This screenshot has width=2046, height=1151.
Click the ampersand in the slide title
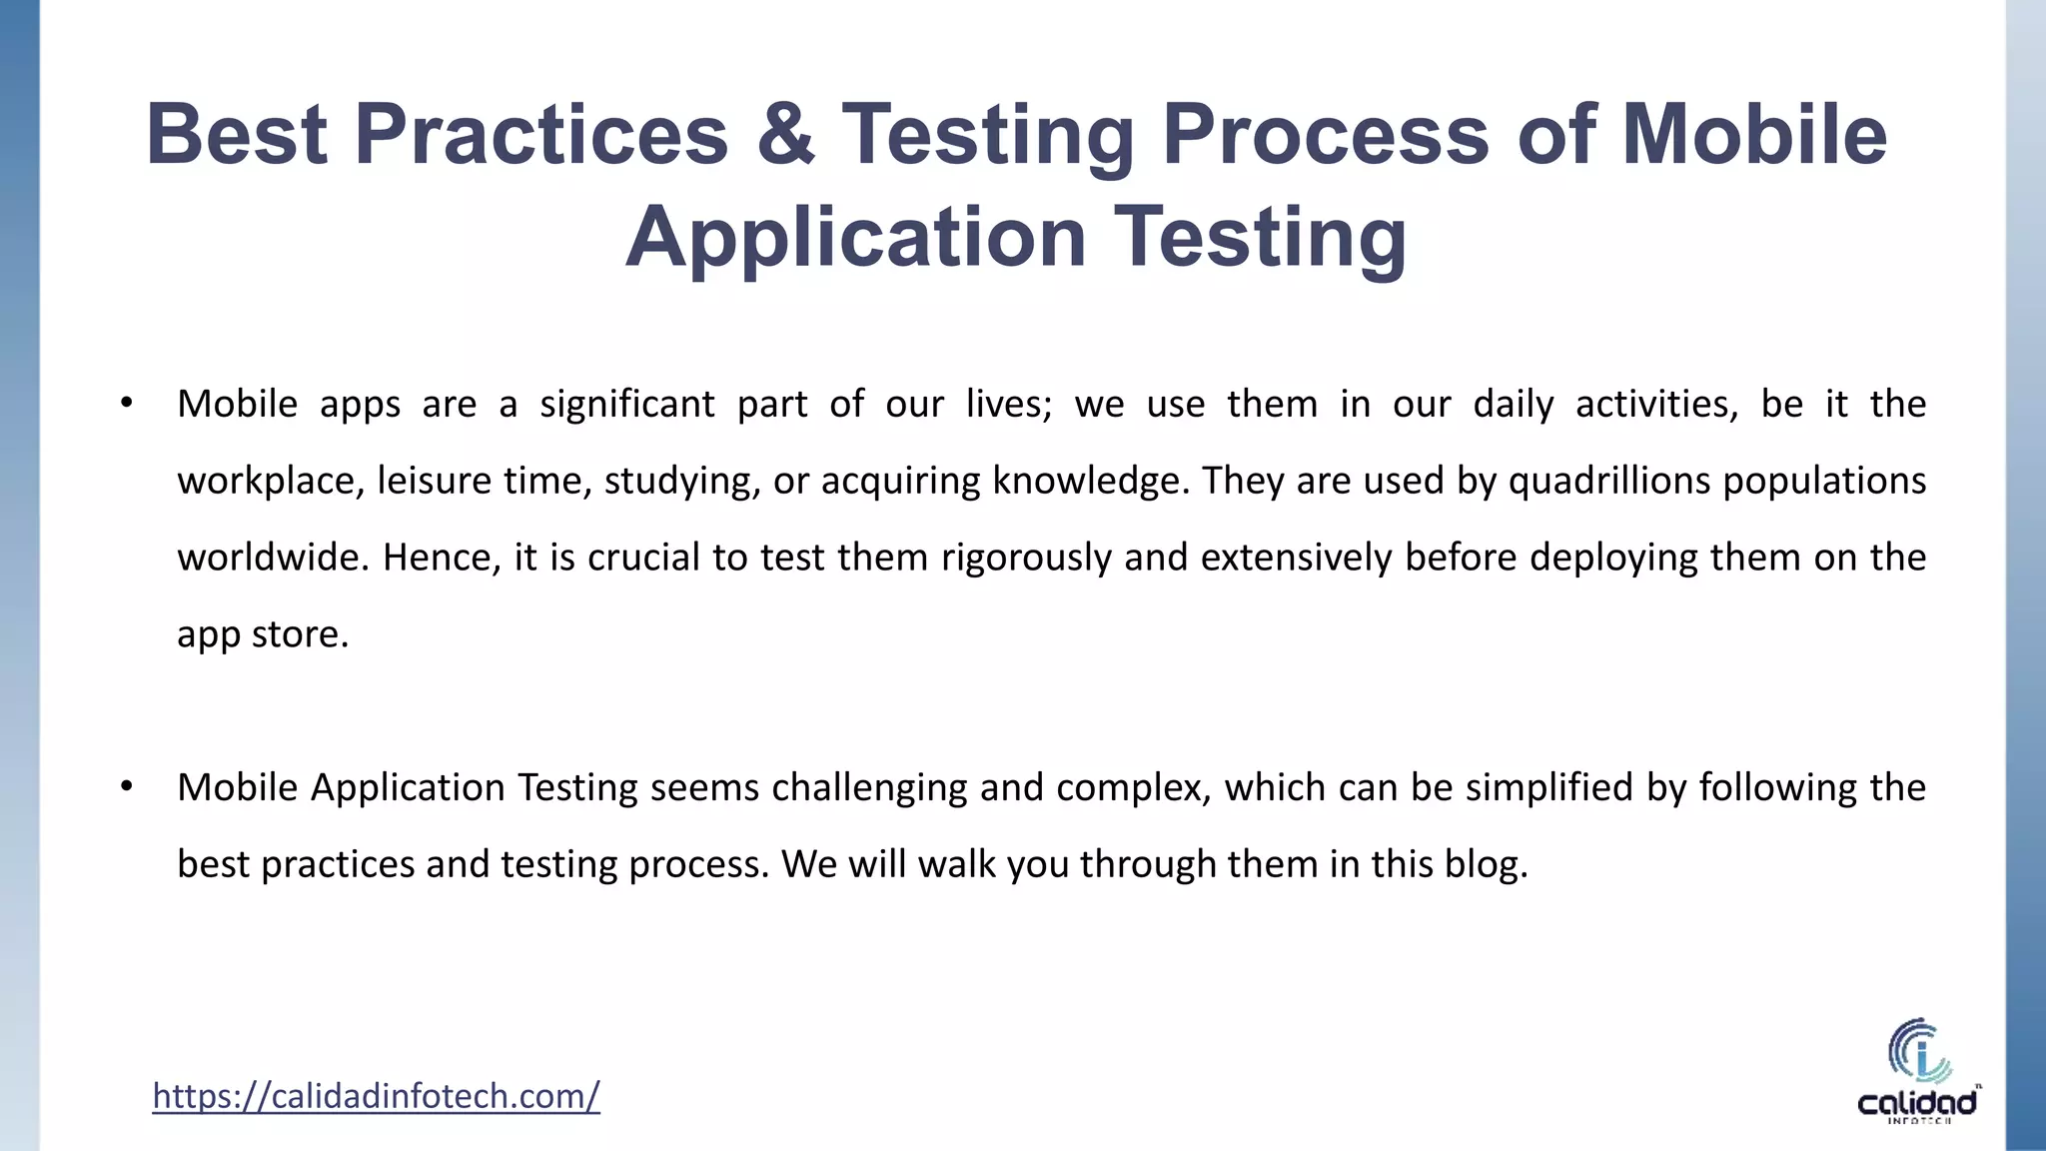coord(785,136)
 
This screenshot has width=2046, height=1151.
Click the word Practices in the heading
coord(540,136)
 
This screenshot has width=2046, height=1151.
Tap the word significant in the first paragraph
coord(626,405)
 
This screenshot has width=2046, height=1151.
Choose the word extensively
coord(1296,558)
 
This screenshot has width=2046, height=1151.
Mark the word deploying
coord(1613,558)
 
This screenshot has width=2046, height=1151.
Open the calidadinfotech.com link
coord(376,1096)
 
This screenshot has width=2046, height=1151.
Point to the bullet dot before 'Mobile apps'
coord(126,404)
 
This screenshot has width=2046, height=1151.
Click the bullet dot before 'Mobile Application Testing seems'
coord(126,787)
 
